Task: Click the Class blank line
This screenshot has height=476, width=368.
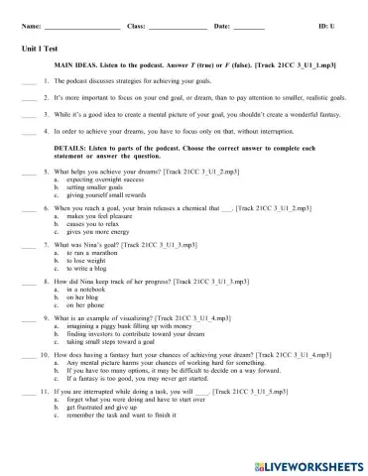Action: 178,26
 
